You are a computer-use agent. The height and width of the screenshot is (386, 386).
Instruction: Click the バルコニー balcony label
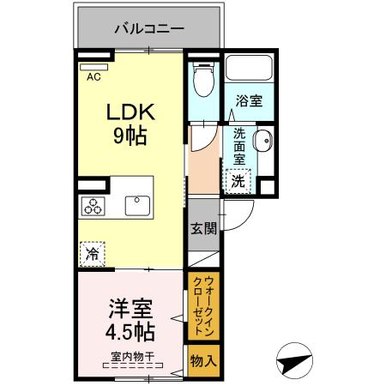148,28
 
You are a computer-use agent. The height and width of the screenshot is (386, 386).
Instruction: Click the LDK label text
130,112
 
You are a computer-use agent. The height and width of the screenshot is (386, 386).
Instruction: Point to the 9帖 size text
130,136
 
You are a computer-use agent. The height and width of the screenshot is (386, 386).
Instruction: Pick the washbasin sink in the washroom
262,142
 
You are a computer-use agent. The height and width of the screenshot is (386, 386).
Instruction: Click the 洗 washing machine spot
238,180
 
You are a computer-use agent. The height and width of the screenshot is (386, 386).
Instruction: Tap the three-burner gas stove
93,205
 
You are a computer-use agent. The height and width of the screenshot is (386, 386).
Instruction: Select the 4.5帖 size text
130,333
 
